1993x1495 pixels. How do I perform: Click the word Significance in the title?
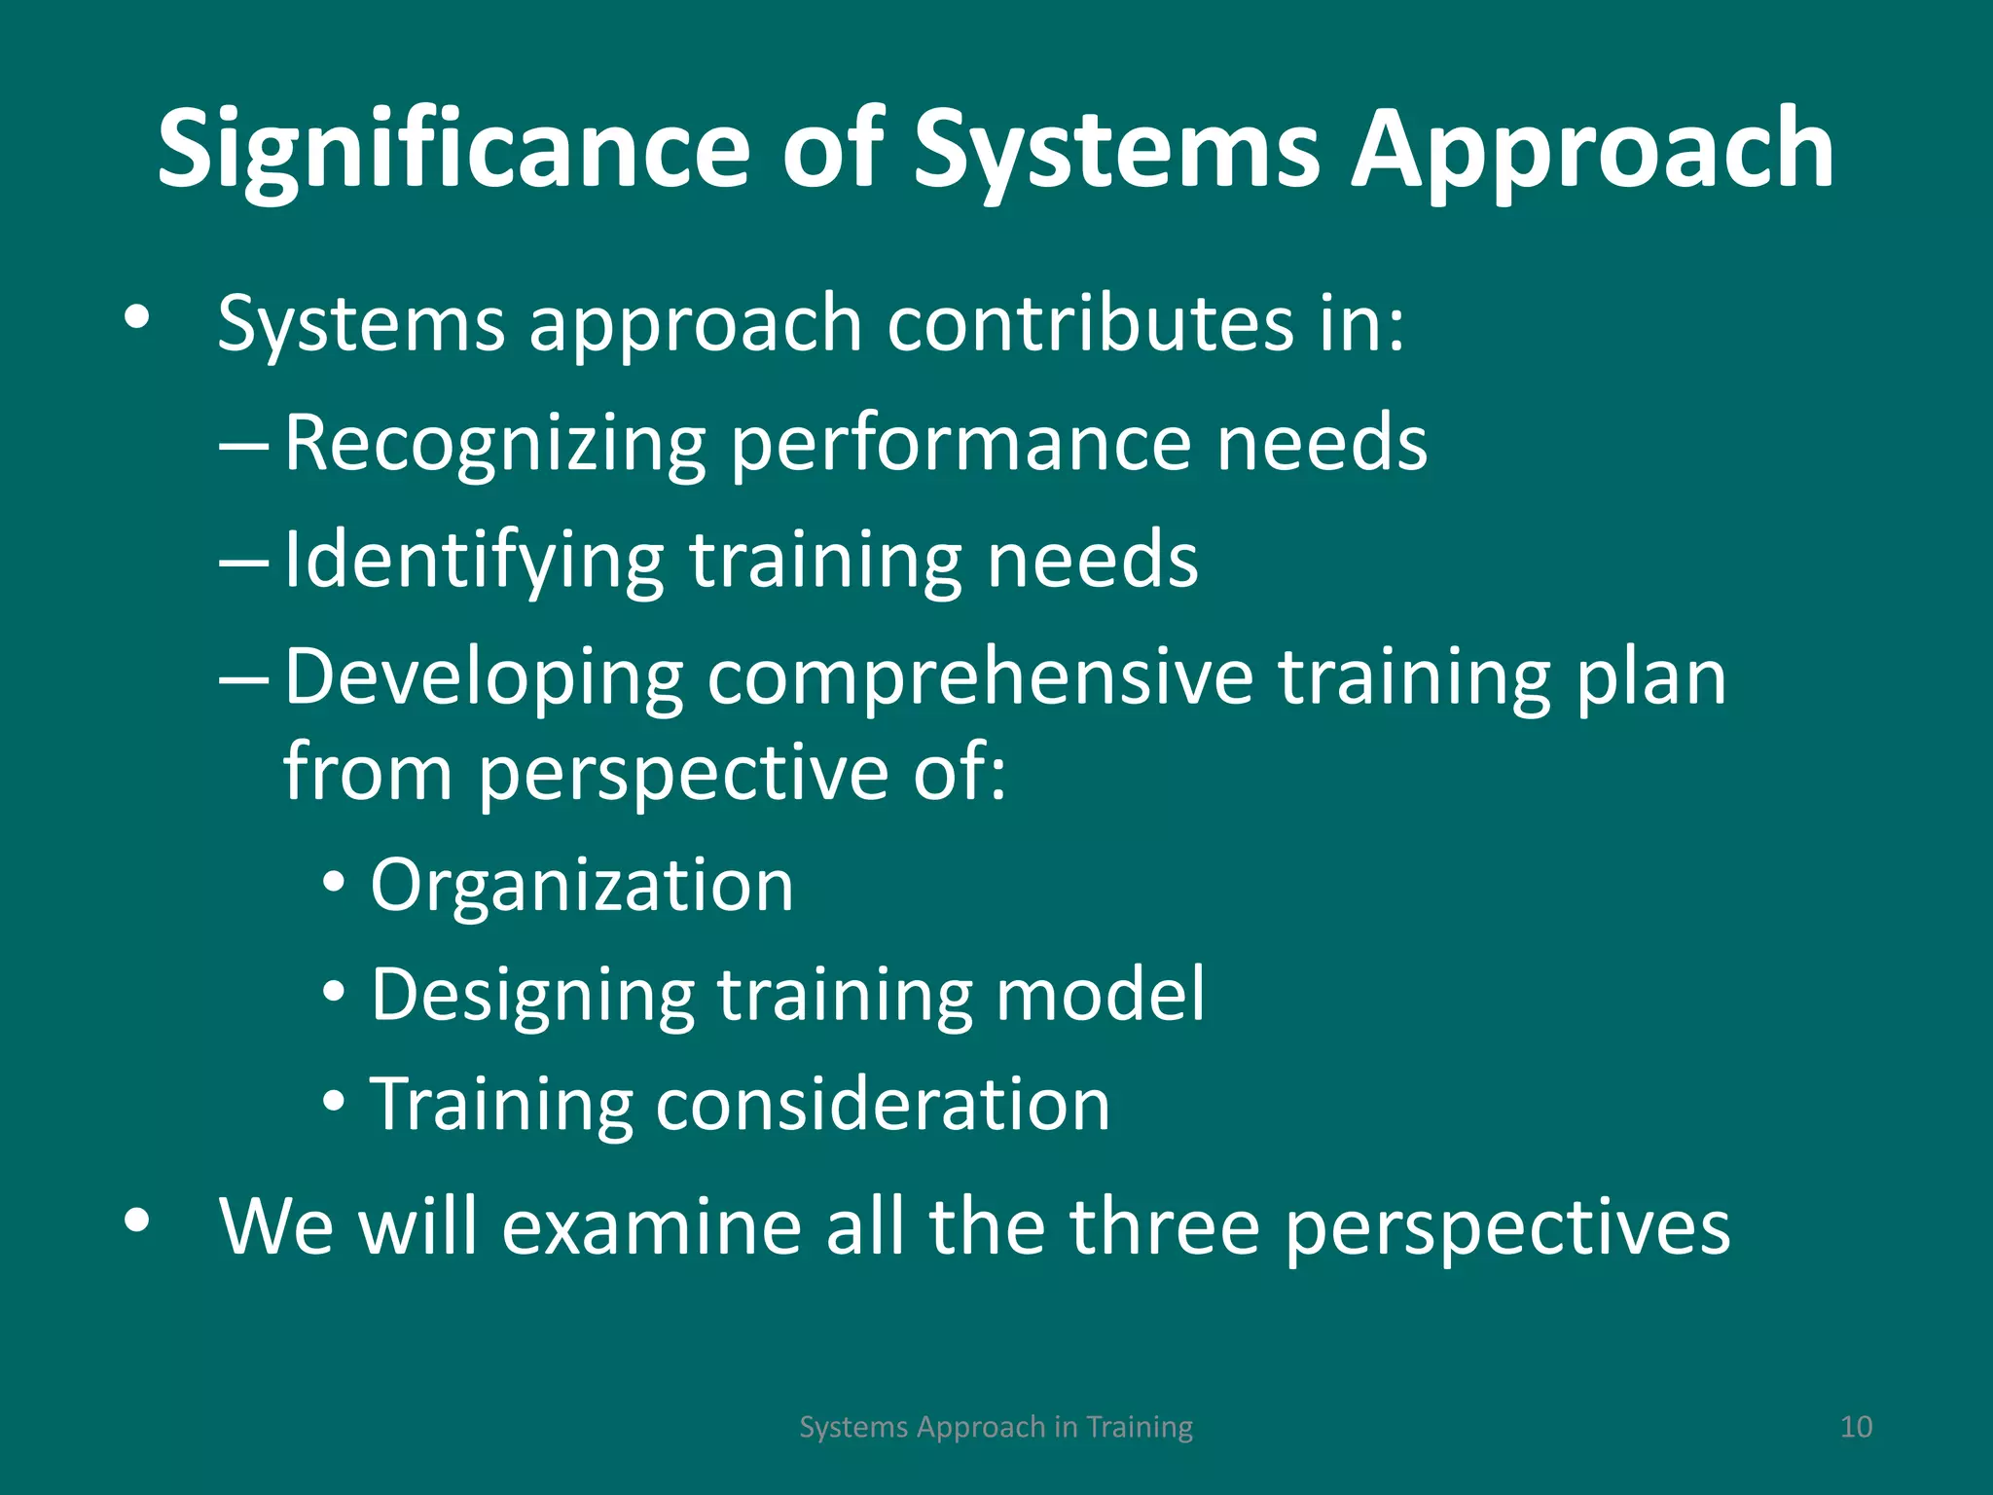pos(453,151)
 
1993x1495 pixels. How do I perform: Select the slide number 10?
pos(1856,1427)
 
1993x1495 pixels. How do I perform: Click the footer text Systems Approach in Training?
pos(996,1427)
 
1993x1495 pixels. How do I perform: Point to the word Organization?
pos(582,886)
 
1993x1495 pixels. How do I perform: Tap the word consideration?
pos(883,1105)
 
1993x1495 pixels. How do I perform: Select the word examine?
pos(650,1226)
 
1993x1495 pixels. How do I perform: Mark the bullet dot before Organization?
pos(334,884)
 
